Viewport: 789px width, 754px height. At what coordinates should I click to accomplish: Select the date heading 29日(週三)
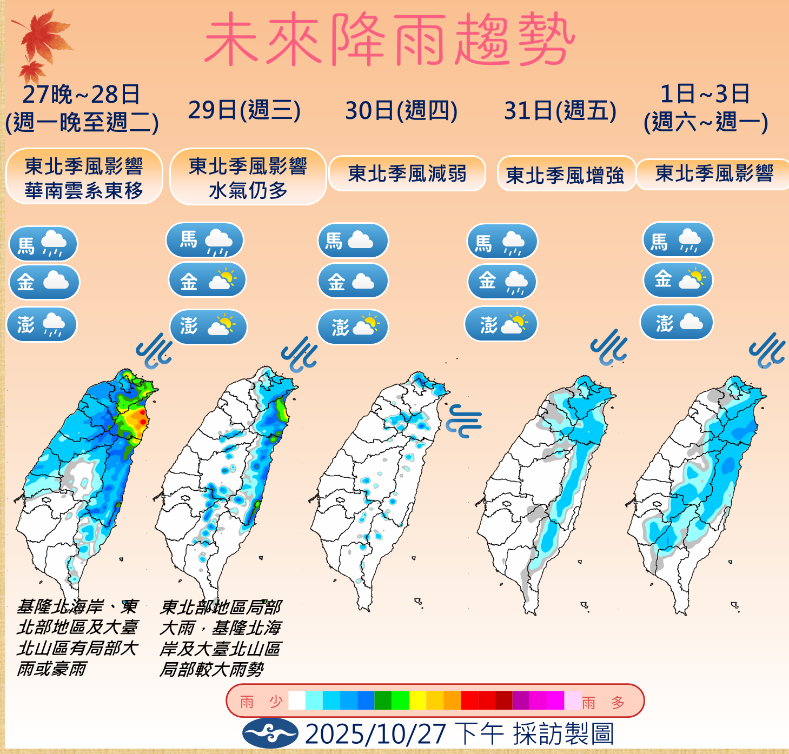[244, 111]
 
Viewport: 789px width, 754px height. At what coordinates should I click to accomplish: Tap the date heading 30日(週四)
[401, 111]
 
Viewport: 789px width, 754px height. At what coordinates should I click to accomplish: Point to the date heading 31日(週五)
[560, 111]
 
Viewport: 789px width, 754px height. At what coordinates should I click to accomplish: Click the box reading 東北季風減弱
[407, 174]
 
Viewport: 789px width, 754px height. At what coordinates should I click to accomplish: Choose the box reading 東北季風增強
[565, 175]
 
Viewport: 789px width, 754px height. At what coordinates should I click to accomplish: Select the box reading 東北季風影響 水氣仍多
[248, 177]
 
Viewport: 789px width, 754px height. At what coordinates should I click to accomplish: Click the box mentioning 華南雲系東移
[84, 177]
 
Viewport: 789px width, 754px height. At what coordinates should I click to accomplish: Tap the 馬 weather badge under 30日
[353, 241]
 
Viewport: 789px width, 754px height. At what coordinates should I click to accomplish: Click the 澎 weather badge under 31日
[501, 324]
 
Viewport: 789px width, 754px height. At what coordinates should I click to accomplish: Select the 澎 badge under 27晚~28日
[42, 324]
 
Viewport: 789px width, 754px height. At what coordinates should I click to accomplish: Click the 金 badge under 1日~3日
[678, 280]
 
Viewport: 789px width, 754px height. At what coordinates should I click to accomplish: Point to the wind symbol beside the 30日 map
[463, 421]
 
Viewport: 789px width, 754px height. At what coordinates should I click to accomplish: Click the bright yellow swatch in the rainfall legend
[417, 700]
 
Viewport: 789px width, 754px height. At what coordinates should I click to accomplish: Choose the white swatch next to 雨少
[297, 700]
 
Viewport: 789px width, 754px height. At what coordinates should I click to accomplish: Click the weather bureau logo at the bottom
[270, 733]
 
